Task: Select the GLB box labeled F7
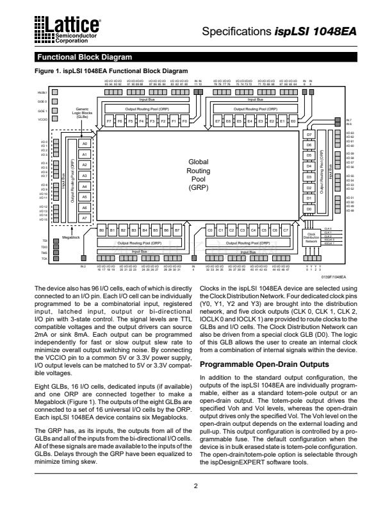pyautogui.click(x=110, y=121)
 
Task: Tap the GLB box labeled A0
pyautogui.click(x=85, y=144)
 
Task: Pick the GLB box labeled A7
pyautogui.click(x=85, y=218)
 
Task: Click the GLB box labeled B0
pyautogui.click(x=102, y=229)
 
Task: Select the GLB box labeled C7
pyautogui.click(x=286, y=229)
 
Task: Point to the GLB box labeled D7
pyautogui.click(x=309, y=135)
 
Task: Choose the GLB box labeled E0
pyautogui.click(x=293, y=121)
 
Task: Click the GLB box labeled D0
pyautogui.click(x=309, y=209)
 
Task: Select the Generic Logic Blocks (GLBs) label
pyautogui.click(x=83, y=114)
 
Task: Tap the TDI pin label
pyautogui.click(x=45, y=240)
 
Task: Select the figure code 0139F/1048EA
pyautogui.click(x=334, y=278)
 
